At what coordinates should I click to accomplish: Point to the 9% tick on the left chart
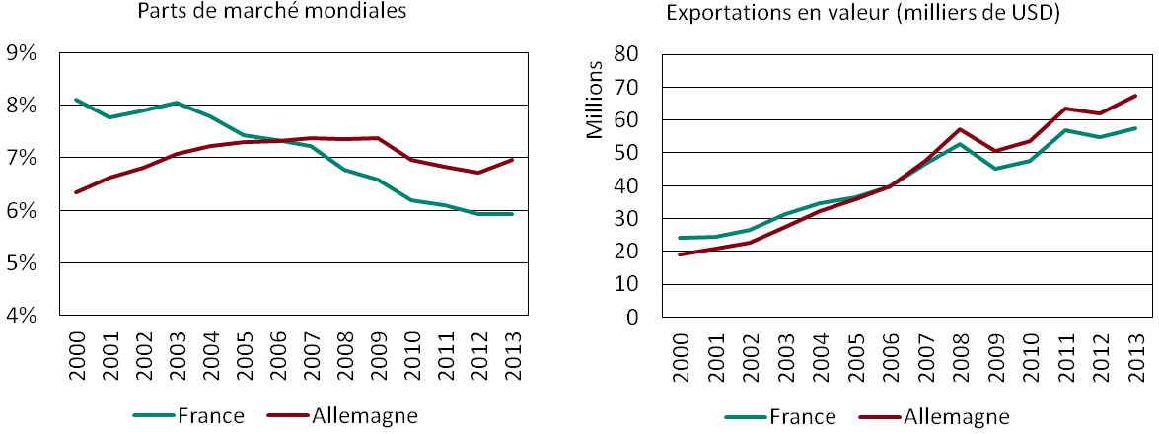[x=22, y=53]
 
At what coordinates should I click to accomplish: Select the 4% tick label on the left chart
[x=22, y=317]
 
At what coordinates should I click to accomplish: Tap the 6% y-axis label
[x=22, y=211]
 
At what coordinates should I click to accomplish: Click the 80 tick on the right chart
[x=627, y=53]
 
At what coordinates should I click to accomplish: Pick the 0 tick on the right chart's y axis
[x=633, y=318]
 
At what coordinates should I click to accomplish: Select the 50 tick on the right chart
[x=627, y=153]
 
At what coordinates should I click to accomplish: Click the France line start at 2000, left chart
[x=75, y=100]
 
